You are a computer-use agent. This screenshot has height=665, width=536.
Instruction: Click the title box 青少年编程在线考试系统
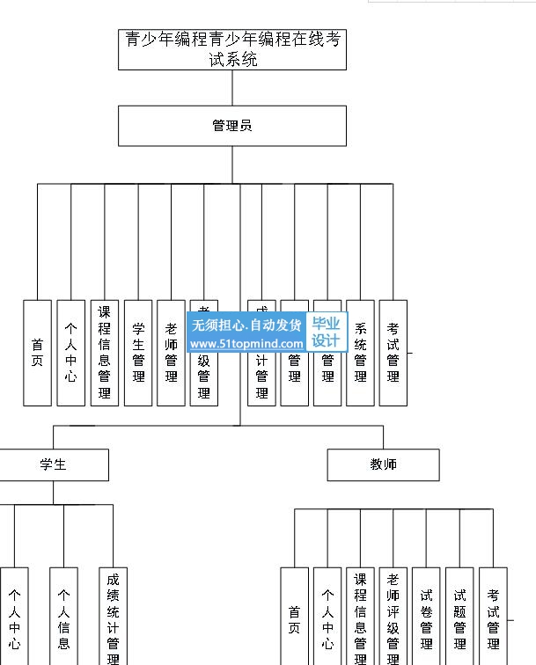coord(232,49)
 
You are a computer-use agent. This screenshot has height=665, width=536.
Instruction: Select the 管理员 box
coord(232,126)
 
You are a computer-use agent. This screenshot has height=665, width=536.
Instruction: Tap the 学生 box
coord(54,464)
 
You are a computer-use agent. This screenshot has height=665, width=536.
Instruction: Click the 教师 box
coord(383,464)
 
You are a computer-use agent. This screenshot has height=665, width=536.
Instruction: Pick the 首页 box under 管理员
coord(37,353)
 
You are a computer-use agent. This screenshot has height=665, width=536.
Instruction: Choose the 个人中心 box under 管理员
coord(70,353)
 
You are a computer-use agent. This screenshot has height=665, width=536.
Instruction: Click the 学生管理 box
coord(138,353)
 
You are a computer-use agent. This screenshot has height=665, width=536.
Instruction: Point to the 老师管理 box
coord(171,353)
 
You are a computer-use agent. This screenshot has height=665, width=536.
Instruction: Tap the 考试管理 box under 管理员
coord(393,353)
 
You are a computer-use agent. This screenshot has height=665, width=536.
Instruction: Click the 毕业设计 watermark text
coord(326,332)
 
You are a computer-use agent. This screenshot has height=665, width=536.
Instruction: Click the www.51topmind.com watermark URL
coord(246,344)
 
